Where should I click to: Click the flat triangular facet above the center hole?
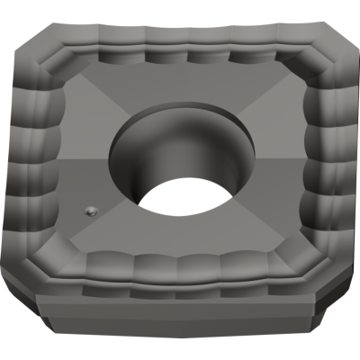click(180, 90)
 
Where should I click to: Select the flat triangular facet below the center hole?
click(180, 238)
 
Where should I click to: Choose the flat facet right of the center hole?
click(270, 162)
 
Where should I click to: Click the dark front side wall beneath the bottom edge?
click(180, 315)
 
